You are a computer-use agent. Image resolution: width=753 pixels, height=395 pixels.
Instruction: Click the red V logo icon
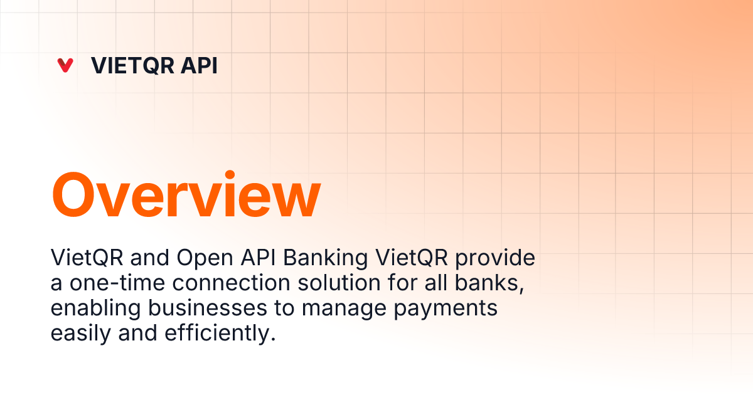coord(65,65)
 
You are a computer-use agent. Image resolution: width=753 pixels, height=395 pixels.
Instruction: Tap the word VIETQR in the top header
coord(132,65)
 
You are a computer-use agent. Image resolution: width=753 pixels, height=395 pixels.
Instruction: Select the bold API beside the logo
coord(199,65)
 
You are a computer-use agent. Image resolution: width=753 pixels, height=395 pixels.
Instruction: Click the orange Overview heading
coord(186,194)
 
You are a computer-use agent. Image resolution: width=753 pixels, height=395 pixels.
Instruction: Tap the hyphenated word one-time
coord(117,283)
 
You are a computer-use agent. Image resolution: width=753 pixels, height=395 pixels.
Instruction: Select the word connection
coord(232,283)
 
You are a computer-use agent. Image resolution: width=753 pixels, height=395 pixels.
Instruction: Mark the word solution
coord(339,283)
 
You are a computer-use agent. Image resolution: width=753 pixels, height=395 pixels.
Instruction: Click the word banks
coord(489,283)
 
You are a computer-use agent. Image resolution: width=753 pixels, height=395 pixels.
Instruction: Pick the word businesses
coord(208,308)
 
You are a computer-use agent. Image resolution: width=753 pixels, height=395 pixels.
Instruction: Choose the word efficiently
coord(220,334)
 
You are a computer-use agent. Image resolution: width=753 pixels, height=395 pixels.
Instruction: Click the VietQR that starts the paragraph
coord(87,258)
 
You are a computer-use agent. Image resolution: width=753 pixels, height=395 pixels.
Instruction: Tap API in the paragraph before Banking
coord(258,258)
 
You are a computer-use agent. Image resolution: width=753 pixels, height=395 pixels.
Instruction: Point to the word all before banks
coord(436,283)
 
